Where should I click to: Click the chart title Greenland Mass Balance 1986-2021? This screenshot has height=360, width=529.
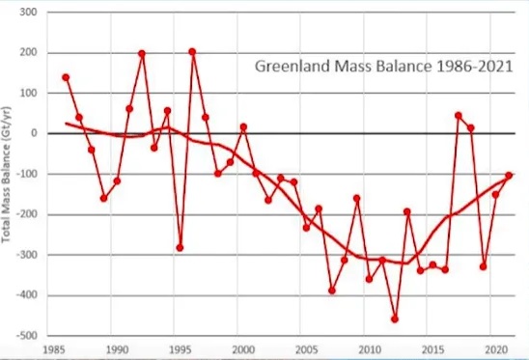coord(383,67)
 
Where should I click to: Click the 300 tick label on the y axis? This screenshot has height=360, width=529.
coord(28,13)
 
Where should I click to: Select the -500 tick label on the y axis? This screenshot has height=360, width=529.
coord(27,336)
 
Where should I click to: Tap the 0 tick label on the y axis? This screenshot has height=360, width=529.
coord(34,133)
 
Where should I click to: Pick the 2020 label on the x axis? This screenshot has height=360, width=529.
coord(496,350)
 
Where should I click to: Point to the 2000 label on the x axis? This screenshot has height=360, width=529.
coord(243,350)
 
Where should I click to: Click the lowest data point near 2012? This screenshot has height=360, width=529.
coord(395,319)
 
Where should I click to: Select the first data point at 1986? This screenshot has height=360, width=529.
coord(66,77)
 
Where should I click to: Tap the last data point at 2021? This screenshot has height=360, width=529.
coord(509,176)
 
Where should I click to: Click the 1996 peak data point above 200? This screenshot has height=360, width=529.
coord(192,51)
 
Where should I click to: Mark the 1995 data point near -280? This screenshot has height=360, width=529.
coord(180,248)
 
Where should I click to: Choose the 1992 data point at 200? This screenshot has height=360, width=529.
coord(142,53)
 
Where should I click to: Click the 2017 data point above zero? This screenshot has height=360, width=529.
coord(459,116)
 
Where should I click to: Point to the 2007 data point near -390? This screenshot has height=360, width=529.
coord(332,291)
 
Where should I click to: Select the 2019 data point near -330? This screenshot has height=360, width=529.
coord(483,266)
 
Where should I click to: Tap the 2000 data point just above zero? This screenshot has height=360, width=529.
coord(243,126)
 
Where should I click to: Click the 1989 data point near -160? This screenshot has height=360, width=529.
coord(104,199)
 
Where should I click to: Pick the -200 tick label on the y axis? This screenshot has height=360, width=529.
coord(27,214)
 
